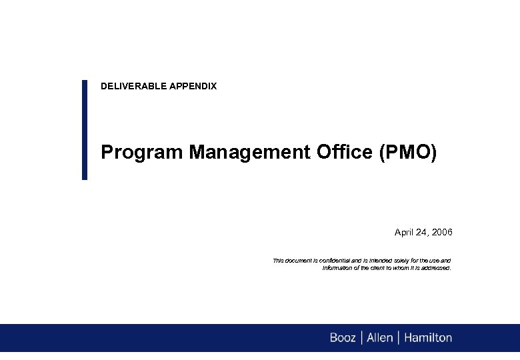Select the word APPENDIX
click(193, 86)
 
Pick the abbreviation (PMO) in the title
click(408, 153)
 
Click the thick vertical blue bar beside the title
click(85, 129)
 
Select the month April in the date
click(404, 233)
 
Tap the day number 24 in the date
click(423, 233)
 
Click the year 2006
click(442, 233)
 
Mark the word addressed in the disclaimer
click(435, 268)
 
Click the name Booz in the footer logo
click(343, 338)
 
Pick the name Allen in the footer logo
click(380, 338)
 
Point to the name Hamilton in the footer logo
click(427, 338)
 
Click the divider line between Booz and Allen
click(361, 338)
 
